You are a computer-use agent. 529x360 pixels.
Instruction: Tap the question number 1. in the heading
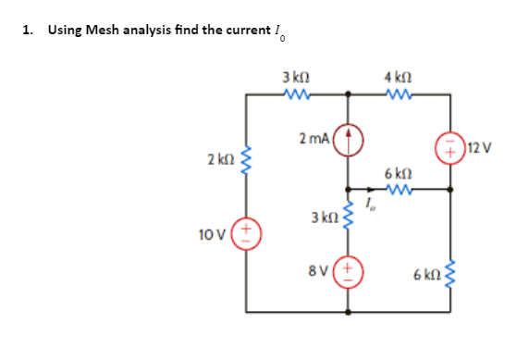[x=29, y=30]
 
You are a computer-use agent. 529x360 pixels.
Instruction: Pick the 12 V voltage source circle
[x=451, y=146]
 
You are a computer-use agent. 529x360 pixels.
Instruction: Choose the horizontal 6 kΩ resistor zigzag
[x=399, y=191]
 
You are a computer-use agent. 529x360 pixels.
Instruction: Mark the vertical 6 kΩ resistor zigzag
[x=451, y=270]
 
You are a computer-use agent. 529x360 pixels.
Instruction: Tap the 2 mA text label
[x=313, y=139]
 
